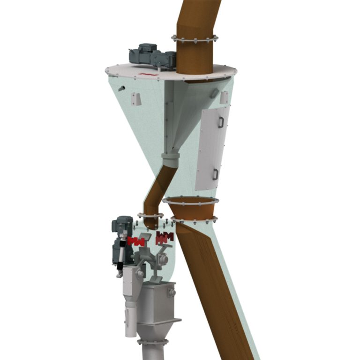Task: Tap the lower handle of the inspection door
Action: point(215,174)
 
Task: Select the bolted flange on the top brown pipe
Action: point(195,38)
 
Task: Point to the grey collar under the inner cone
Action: point(170,160)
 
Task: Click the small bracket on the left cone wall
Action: point(136,99)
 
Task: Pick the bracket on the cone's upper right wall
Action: point(224,97)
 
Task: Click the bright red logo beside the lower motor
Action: point(136,242)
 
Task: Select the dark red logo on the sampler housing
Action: point(164,237)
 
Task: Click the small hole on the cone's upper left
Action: point(121,88)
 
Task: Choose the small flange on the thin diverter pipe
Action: point(150,216)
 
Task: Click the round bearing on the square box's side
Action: point(172,292)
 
